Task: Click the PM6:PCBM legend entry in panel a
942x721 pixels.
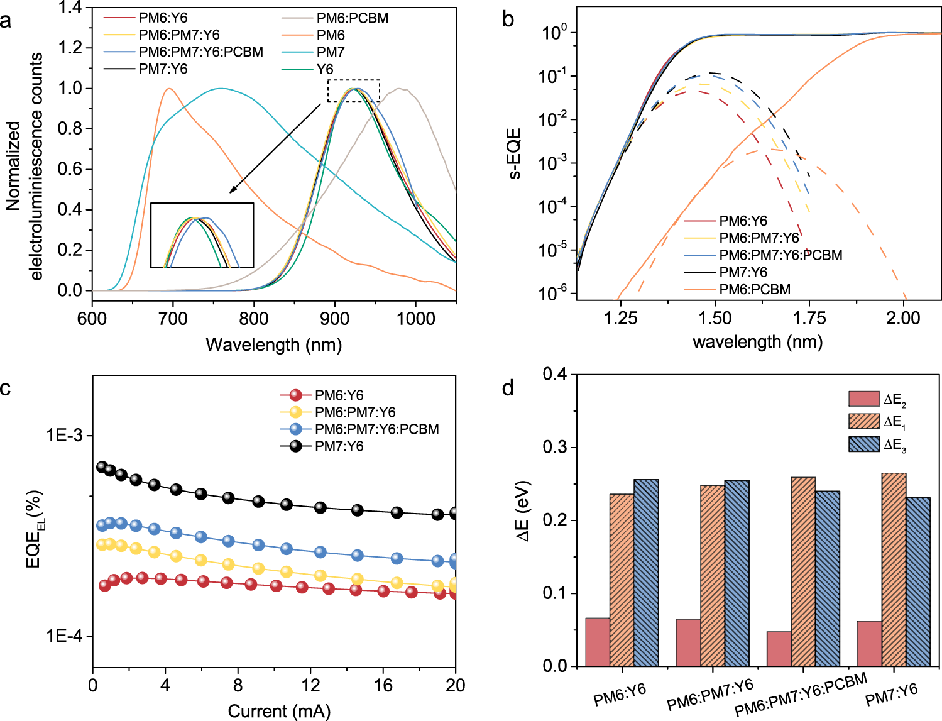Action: click(x=352, y=18)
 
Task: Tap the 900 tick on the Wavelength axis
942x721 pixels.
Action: click(x=334, y=318)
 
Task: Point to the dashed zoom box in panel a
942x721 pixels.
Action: click(x=354, y=91)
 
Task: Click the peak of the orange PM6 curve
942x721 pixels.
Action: click(x=169, y=89)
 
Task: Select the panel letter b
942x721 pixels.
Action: click(x=508, y=19)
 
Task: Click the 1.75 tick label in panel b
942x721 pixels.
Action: click(x=809, y=318)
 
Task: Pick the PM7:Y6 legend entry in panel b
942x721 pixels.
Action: click(x=743, y=272)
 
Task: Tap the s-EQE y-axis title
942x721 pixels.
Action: click(x=514, y=154)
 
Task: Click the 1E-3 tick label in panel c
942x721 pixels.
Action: click(x=64, y=435)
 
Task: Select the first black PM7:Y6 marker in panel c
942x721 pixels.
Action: click(x=102, y=467)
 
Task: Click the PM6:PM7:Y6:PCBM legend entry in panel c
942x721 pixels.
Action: click(x=376, y=429)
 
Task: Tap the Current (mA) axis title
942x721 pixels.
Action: click(x=278, y=711)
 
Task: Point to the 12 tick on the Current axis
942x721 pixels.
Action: click(x=310, y=685)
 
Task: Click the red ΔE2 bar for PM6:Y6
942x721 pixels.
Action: click(x=598, y=642)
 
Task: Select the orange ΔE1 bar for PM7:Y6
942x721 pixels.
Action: click(x=894, y=570)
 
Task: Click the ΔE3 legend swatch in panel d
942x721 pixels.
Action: click(x=864, y=444)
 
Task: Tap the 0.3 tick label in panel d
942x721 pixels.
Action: click(x=555, y=447)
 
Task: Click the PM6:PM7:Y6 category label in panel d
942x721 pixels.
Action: click(x=710, y=695)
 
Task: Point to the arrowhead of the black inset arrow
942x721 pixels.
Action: click(x=231, y=192)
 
